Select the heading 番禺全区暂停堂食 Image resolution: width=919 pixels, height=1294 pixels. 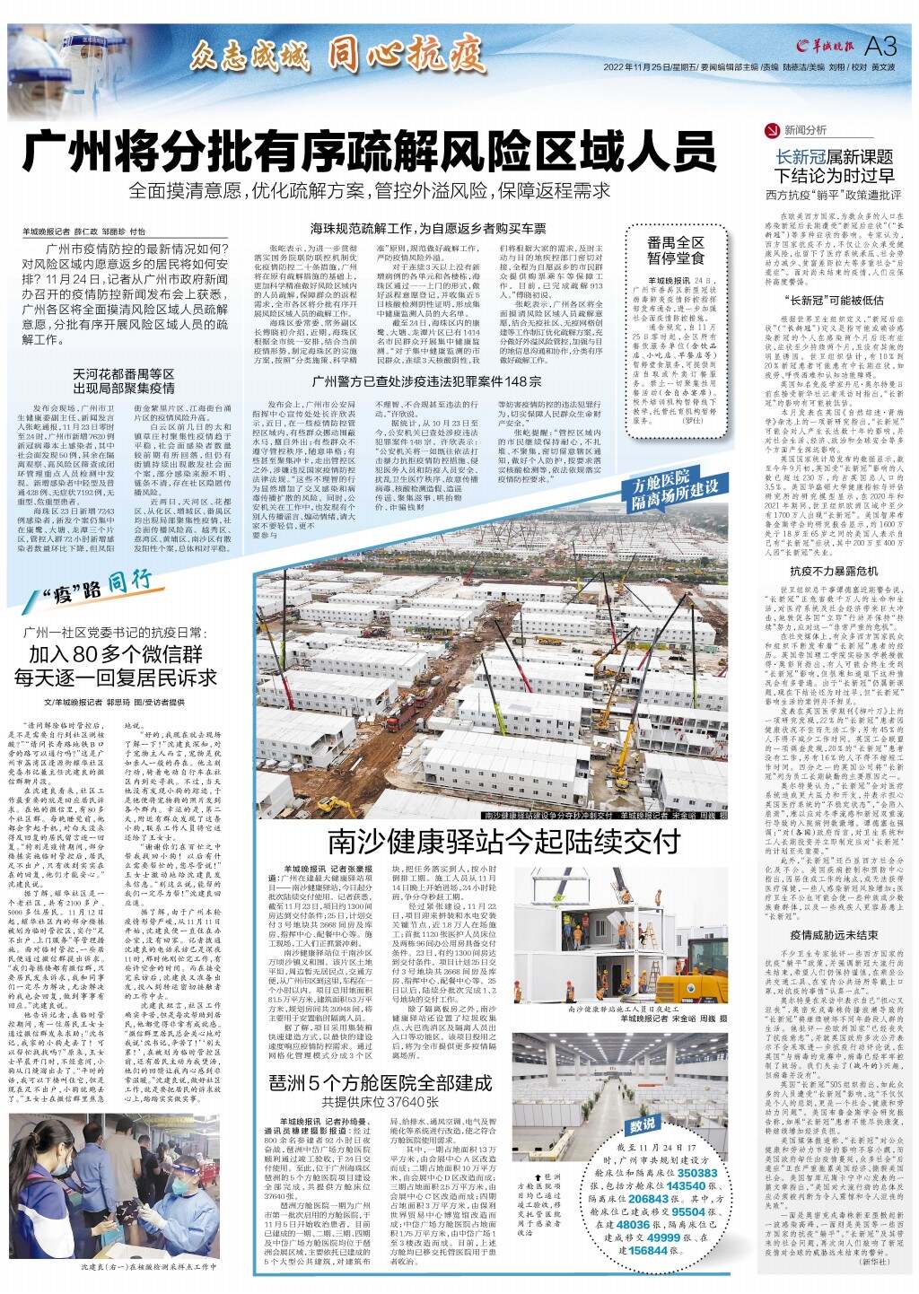click(676, 250)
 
